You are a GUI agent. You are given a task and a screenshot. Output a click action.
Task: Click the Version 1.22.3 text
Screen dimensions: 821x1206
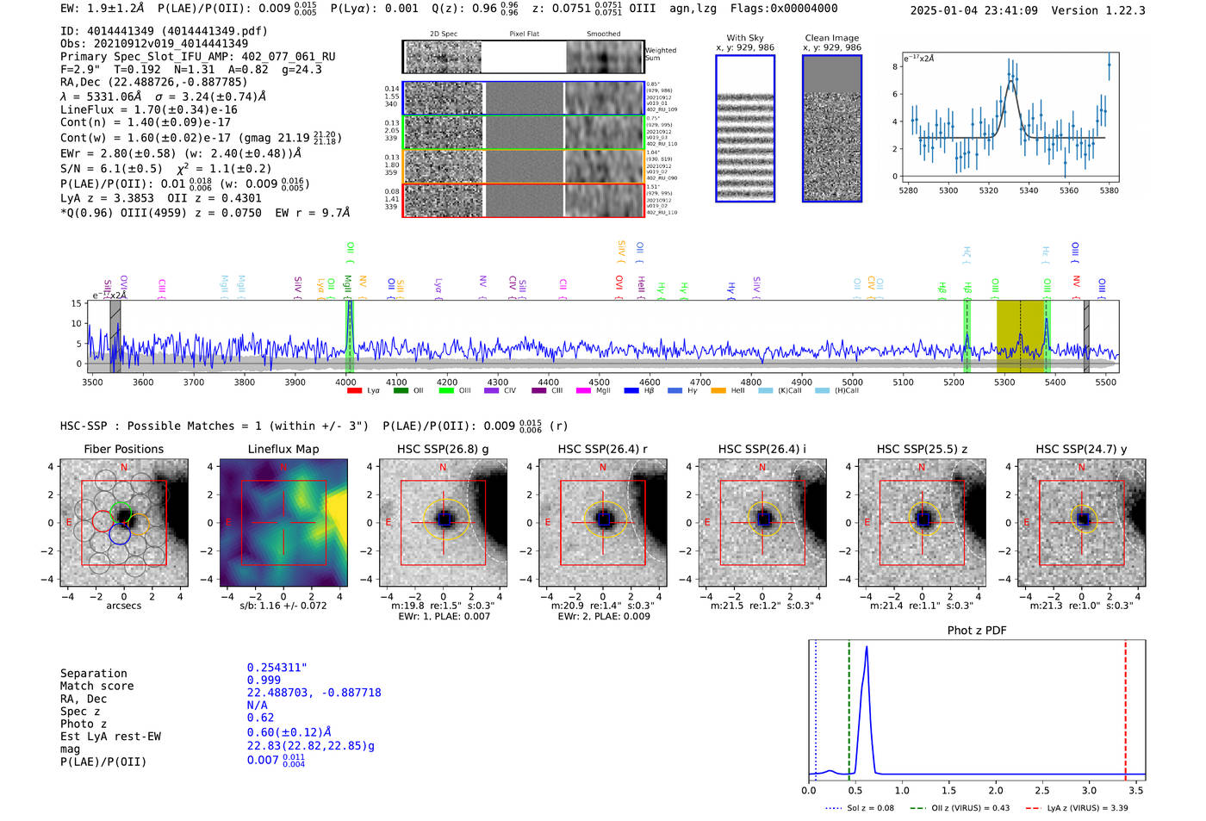coord(1102,10)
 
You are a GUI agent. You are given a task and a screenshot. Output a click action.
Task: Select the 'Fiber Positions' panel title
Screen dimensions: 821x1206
coord(123,449)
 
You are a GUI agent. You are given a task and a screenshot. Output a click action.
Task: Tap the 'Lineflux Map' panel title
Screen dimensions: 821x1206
coord(283,449)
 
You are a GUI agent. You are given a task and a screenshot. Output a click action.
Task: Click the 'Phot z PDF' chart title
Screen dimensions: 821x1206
coord(976,631)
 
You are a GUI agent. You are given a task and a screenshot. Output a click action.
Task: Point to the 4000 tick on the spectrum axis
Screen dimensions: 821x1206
coord(345,382)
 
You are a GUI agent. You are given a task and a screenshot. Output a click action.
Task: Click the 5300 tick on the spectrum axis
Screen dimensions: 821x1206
coord(1004,382)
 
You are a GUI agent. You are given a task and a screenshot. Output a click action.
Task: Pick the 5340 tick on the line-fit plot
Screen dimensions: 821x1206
coord(1029,190)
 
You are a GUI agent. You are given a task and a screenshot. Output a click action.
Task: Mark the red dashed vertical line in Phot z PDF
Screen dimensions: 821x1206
coord(1125,706)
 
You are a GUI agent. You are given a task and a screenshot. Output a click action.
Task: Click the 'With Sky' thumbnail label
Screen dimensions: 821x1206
coord(745,38)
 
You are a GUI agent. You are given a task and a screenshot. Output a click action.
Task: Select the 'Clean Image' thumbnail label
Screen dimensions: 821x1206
coord(831,38)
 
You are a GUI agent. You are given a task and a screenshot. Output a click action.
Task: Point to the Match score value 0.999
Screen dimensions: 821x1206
coord(264,681)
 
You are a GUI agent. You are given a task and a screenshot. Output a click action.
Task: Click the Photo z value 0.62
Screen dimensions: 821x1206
coord(260,718)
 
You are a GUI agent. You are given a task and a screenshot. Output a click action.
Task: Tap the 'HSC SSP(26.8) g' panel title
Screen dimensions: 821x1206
coord(443,449)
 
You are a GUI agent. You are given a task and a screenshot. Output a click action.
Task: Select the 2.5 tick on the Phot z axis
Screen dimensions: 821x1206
coord(1042,790)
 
